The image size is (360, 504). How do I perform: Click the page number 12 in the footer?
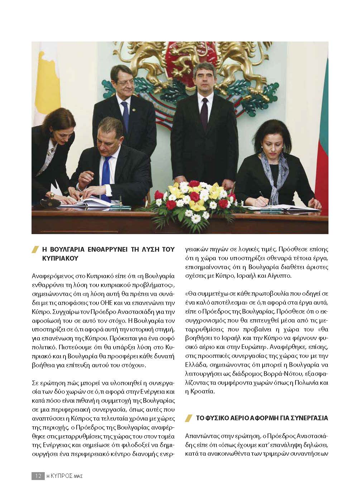click(37, 476)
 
